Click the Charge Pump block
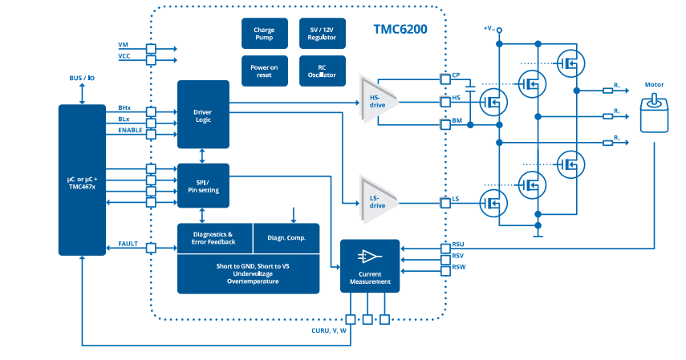tap(264, 33)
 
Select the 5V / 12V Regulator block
tap(322, 33)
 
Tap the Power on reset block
tap(264, 71)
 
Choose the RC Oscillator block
tap(322, 71)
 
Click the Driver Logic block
tap(202, 114)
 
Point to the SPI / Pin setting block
tap(202, 185)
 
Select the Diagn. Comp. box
tap(286, 237)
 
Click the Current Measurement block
tap(370, 265)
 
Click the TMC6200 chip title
tap(400, 30)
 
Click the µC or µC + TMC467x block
tap(82, 180)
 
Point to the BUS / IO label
tap(82, 79)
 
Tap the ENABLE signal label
tap(130, 130)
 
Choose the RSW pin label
tap(459, 266)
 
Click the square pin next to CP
tap(444, 79)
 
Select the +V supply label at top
tap(489, 29)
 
